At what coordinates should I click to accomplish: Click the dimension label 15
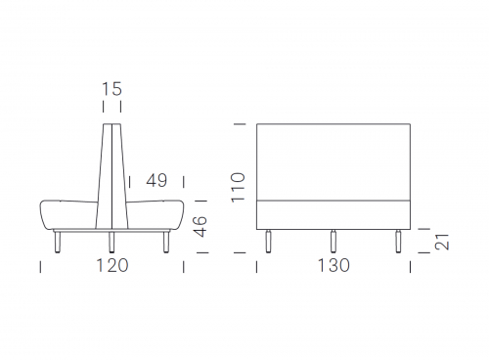[111, 89]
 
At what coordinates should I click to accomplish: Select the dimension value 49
[156, 180]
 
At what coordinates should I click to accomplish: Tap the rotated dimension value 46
[200, 226]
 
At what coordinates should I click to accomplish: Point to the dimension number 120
[112, 265]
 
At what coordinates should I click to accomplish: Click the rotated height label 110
[238, 188]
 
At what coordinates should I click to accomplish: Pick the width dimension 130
[333, 265]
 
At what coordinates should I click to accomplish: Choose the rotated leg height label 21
[442, 242]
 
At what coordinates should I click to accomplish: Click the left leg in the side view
[58, 242]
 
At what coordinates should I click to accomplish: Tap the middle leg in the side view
[111, 242]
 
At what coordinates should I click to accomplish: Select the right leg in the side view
[166, 242]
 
